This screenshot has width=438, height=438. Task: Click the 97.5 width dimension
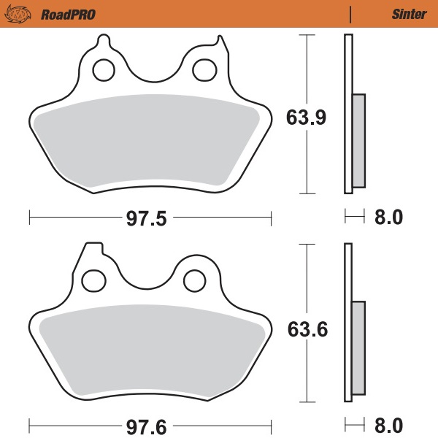pos(148,218)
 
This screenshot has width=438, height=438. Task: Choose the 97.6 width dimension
pos(148,424)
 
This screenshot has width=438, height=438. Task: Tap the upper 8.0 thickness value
pos(388,218)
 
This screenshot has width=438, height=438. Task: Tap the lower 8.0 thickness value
pos(388,424)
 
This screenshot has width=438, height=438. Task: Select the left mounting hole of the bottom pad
pos(93,279)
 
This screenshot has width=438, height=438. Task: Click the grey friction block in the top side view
pos(359,140)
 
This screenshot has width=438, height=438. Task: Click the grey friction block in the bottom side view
pos(359,348)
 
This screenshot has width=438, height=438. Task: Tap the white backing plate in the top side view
pos(348,73)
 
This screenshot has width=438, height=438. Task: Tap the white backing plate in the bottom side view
pos(348,277)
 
